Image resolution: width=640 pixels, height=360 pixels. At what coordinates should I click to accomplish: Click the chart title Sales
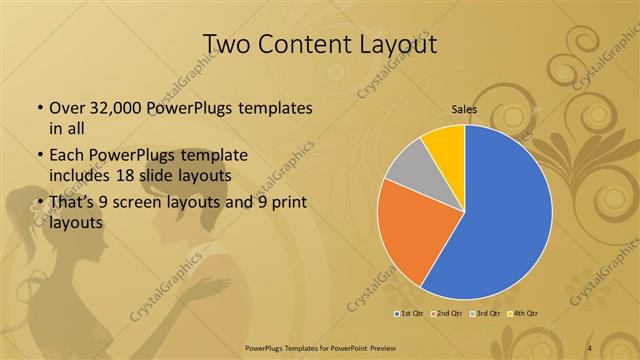click(464, 110)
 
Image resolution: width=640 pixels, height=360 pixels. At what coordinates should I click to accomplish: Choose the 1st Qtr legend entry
click(409, 314)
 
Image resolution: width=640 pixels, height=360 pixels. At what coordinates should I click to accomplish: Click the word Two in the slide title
click(227, 44)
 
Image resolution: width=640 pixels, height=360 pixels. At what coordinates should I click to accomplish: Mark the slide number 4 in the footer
click(589, 346)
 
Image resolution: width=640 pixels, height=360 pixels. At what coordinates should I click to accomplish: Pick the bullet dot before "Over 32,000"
click(39, 107)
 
